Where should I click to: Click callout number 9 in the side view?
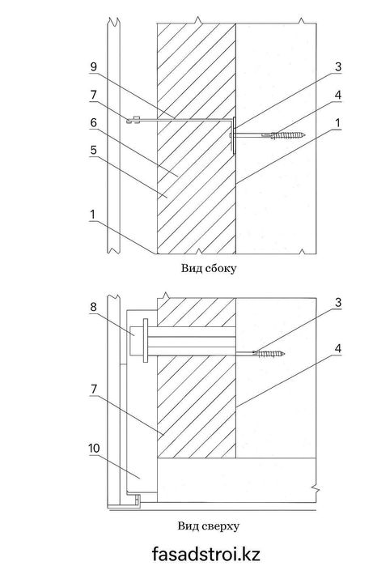(93, 66)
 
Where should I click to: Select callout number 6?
(93, 123)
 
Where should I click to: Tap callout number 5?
(93, 150)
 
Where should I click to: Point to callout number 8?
(93, 307)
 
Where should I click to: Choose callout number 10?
(94, 449)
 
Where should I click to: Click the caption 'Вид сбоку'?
(209, 268)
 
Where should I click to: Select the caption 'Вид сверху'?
(208, 526)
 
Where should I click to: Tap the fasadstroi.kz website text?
(205, 554)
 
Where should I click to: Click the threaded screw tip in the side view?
(304, 135)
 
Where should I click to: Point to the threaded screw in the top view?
(269, 353)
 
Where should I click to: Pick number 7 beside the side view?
(93, 95)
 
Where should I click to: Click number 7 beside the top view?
(93, 389)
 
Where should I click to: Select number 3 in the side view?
(337, 66)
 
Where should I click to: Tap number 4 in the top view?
(337, 349)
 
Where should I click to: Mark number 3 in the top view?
(337, 303)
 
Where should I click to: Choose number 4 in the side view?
(337, 95)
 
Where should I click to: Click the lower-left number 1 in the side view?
(93, 215)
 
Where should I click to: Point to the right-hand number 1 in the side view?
(337, 123)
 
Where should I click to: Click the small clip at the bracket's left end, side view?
(133, 120)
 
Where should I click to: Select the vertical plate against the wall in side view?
(235, 135)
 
